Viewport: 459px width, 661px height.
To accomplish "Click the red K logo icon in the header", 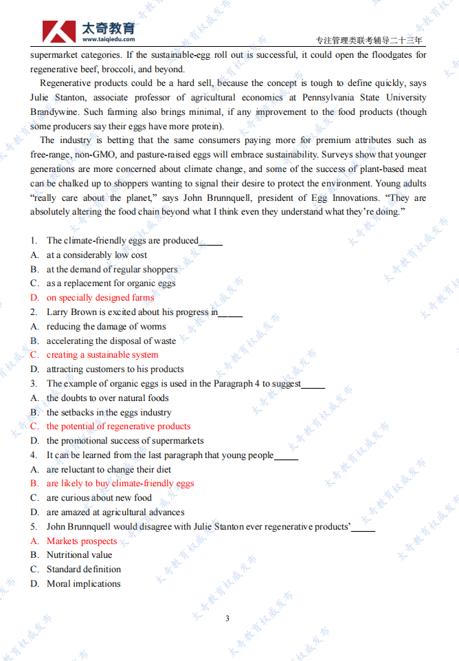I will (59, 32).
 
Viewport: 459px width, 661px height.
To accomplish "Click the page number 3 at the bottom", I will (227, 618).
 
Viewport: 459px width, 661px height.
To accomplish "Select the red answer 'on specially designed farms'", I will (100, 298).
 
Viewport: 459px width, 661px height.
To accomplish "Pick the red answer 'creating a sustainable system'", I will (102, 355).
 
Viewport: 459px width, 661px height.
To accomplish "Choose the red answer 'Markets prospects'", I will (82, 541).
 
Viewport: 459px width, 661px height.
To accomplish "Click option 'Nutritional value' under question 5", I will (79, 555).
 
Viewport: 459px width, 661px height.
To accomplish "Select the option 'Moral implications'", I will (83, 584).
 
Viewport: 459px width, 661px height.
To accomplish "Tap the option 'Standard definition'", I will (84, 570).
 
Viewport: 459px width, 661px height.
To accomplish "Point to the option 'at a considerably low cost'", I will (97, 255).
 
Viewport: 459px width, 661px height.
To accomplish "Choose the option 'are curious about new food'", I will (99, 498).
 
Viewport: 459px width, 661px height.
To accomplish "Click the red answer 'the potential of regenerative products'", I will (118, 426).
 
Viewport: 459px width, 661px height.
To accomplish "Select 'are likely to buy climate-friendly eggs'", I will (120, 484).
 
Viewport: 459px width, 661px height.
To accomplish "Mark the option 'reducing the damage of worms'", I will (106, 327).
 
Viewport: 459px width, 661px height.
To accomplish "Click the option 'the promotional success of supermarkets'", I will (125, 441).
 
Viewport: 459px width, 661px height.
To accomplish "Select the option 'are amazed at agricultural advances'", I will (115, 512).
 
